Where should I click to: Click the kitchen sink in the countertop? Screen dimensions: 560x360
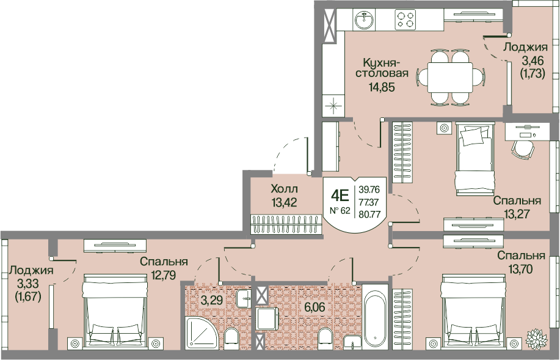(x=365, y=20)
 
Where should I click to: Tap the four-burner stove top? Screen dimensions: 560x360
(x=405, y=20)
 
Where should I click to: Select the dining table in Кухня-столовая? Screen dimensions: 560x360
(x=451, y=78)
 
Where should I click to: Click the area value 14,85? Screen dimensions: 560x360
(x=382, y=87)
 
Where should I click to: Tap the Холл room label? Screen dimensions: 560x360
(x=285, y=188)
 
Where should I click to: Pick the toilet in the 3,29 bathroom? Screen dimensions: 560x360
(x=231, y=337)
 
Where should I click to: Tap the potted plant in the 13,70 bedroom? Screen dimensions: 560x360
(x=536, y=337)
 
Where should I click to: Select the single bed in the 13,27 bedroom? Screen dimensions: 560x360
(x=475, y=159)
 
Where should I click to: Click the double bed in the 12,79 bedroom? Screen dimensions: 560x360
(x=115, y=310)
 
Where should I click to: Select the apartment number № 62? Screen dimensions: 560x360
(x=340, y=211)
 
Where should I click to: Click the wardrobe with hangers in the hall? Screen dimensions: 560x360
(x=285, y=224)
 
